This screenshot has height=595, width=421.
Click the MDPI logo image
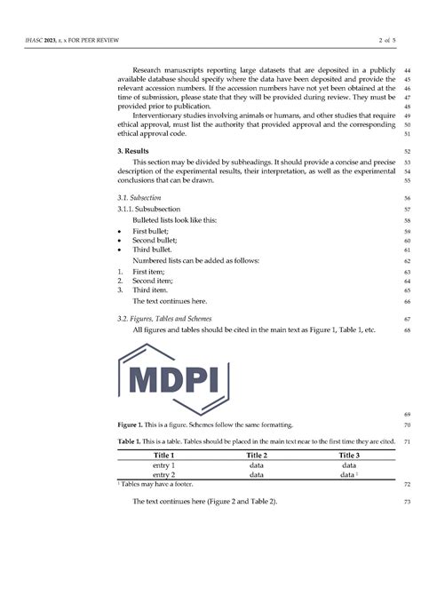coord(184,383)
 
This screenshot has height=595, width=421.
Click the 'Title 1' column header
coord(160,455)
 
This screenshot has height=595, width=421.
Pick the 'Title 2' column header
coord(256,455)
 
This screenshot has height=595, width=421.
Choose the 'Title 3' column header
coord(349,455)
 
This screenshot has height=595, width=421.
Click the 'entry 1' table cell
coord(160,464)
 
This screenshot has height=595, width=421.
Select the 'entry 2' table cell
coord(160,474)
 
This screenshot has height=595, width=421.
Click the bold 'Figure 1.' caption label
coord(132,424)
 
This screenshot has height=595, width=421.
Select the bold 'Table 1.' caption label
coord(131,441)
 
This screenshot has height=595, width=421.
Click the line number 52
coord(406,153)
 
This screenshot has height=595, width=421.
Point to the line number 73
coord(406,502)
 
